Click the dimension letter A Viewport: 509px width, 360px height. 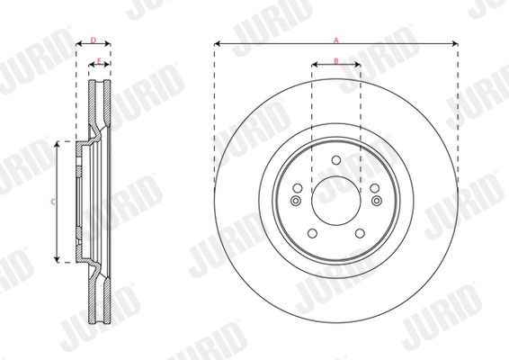pos(336,40)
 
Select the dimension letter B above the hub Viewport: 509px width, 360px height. pos(335,61)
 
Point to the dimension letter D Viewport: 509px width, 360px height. pos(93,40)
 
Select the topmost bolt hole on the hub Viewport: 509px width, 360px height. pos(335,161)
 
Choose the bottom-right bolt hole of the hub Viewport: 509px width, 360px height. pos(359,233)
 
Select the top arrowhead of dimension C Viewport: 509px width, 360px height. pos(58,144)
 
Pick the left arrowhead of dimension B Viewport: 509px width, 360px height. pos(315,66)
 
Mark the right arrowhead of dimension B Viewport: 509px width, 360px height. pos(357,66)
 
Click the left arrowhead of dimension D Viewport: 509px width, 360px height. pos(78,45)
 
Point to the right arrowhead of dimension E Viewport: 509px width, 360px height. pos(107,66)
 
